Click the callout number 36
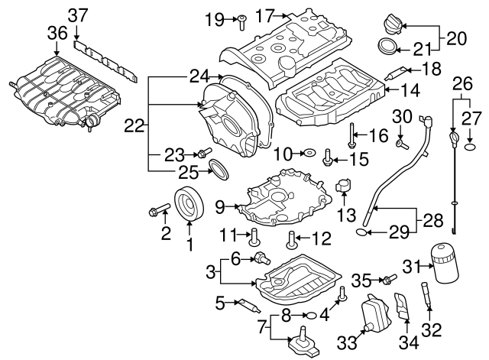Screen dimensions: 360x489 [x=57, y=33]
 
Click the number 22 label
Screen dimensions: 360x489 [x=134, y=127]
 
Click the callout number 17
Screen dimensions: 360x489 [x=264, y=15]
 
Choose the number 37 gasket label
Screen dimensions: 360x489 [x=78, y=14]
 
